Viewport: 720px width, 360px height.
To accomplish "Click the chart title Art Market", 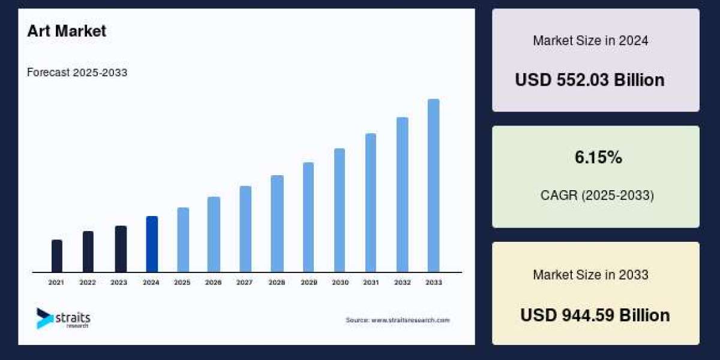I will [x=67, y=31].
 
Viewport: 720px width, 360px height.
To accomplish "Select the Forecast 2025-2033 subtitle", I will [x=77, y=73].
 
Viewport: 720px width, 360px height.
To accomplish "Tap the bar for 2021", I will [x=57, y=256].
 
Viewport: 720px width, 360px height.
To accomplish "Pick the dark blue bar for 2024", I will [x=152, y=244].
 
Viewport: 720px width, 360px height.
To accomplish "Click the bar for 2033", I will [x=433, y=185].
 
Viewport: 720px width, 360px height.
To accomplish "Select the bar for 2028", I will [x=277, y=223].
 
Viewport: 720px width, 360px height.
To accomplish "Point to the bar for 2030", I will [x=340, y=210].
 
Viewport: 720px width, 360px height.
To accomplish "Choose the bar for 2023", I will [x=121, y=248].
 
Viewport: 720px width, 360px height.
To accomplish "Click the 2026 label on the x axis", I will [x=214, y=282].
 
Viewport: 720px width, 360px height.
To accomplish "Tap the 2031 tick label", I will [x=371, y=282].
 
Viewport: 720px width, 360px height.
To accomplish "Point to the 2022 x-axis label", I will [x=88, y=282].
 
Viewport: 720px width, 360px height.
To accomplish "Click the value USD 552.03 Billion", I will [x=590, y=80].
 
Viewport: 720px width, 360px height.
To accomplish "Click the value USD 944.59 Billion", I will [x=595, y=315].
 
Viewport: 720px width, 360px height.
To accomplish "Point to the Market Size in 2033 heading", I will [x=590, y=275].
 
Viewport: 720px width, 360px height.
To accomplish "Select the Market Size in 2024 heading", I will [x=590, y=41].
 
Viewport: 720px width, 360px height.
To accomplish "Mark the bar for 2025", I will [x=183, y=239].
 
